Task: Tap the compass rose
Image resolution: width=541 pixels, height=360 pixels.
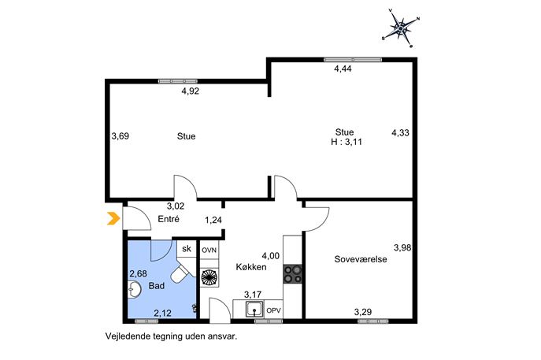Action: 401,28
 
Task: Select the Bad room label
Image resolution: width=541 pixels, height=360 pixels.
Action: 156,286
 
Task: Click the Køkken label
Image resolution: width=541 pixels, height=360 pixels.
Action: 251,267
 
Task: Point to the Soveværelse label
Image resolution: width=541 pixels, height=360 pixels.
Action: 361,259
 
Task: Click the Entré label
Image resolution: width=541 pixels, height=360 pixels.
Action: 169,219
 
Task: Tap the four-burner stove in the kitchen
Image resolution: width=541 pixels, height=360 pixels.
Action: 292,274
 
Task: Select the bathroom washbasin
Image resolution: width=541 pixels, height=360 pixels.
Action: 134,289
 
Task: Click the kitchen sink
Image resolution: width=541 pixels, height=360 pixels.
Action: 254,309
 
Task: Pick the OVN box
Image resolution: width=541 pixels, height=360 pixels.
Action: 209,250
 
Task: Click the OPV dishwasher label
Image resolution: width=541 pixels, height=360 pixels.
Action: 273,310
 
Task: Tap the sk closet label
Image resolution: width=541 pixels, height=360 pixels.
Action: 187,248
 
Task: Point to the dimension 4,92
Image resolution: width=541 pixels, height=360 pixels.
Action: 191,91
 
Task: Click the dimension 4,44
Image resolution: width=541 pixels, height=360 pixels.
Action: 343,69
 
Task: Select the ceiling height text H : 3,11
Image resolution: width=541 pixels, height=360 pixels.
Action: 346,142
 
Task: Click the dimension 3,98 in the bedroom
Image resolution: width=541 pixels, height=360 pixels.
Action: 402,247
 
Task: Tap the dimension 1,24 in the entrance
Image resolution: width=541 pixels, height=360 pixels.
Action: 213,220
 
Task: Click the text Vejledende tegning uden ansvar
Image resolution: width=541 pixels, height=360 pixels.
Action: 171,336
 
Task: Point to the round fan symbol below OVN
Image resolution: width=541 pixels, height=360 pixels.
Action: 209,277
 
